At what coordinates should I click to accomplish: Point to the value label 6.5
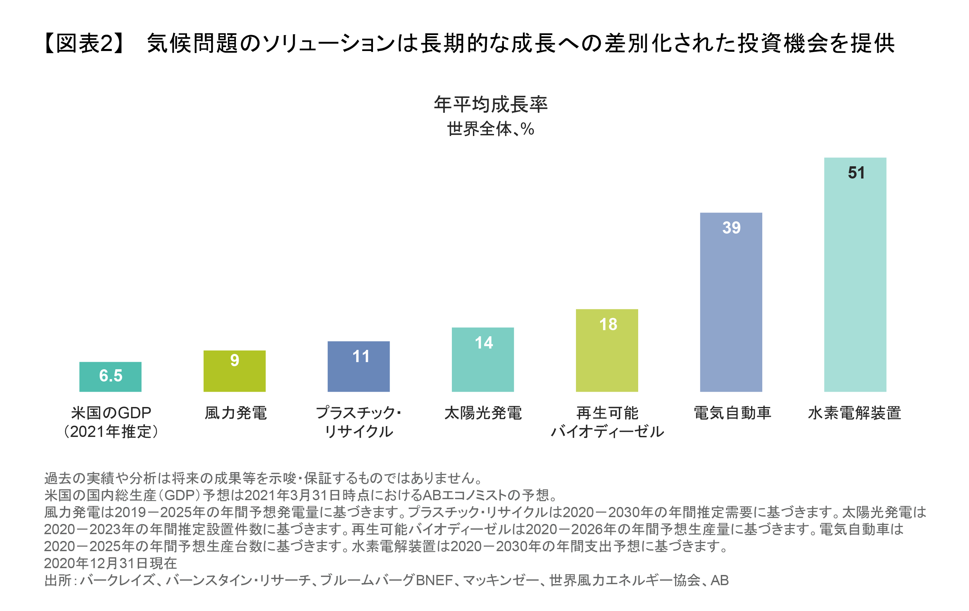[x=111, y=375]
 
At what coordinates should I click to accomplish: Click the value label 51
[x=856, y=173]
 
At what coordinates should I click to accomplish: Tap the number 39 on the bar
[x=731, y=228]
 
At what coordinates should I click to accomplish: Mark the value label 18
[x=608, y=324]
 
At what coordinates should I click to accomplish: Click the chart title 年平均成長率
[x=491, y=104]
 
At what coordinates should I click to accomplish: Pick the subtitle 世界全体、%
[x=491, y=129]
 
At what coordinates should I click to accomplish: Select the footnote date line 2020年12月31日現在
[x=110, y=563]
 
